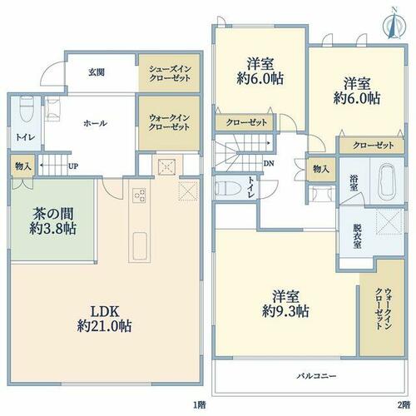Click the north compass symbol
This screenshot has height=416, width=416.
(x=394, y=24)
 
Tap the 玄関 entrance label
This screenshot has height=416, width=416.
(x=97, y=72)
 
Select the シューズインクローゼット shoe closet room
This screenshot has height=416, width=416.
(x=170, y=72)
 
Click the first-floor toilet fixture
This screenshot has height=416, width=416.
(x=27, y=111)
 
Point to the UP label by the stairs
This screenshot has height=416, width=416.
(x=73, y=166)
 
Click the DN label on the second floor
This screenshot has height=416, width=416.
(x=269, y=164)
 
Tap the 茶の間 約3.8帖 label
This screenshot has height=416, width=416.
(x=53, y=221)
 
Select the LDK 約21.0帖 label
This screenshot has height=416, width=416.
(x=105, y=319)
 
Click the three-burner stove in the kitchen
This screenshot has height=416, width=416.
(x=139, y=196)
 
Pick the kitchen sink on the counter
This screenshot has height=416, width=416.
(x=140, y=245)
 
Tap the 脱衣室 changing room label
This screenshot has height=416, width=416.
(x=357, y=235)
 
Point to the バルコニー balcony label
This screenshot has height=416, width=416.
(x=317, y=376)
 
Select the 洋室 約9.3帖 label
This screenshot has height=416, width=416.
(x=285, y=305)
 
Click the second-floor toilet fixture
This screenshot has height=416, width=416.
(x=227, y=189)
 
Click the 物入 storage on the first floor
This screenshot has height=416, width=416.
(x=22, y=166)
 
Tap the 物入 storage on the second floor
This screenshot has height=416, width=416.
(x=321, y=169)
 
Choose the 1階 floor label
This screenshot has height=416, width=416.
(x=200, y=405)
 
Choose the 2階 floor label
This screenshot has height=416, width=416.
(x=404, y=405)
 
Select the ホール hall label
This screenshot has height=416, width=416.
(x=95, y=123)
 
